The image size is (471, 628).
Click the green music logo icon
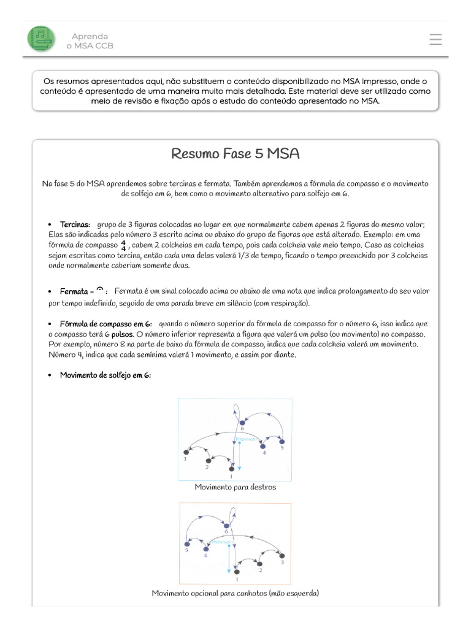41,39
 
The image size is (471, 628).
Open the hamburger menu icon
435,39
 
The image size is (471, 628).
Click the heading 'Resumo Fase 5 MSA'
235,153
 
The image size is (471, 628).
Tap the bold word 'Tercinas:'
75,224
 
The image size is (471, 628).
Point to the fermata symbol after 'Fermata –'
99,290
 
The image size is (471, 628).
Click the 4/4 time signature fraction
123,245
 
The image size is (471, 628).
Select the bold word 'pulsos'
122,334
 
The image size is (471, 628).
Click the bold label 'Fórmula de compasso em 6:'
105,323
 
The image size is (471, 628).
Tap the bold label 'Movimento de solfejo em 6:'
105,375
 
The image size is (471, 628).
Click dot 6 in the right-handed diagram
243,423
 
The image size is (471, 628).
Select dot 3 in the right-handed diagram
186,452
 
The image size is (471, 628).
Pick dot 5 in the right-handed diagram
282,441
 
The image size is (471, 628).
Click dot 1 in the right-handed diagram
231,469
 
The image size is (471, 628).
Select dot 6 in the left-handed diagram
225,525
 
